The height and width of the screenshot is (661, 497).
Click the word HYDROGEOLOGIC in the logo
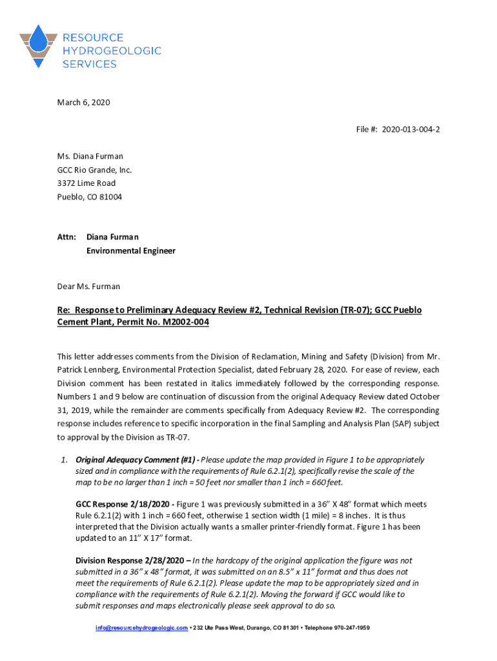[112, 51]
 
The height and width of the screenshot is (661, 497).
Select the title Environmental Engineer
[131, 251]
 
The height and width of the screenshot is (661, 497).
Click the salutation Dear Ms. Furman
[88, 286]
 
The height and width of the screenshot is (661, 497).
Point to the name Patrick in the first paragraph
[72, 370]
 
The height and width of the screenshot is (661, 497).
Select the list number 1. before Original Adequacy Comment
[64, 460]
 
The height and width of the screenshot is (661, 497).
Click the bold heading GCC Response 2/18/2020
[125, 504]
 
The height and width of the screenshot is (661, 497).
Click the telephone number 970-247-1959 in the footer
[347, 628]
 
